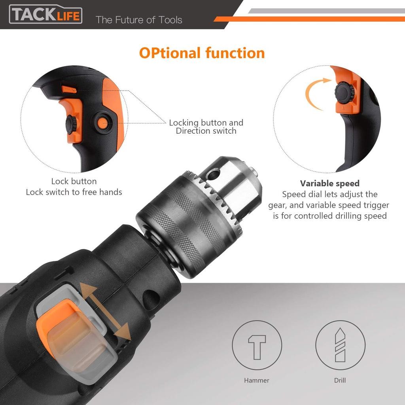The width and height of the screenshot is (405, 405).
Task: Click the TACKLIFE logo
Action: click(x=46, y=14)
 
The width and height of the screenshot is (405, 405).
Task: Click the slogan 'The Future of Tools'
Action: click(x=139, y=20)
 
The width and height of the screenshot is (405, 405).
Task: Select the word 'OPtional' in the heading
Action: click(x=170, y=53)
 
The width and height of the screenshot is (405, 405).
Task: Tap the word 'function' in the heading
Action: click(x=235, y=53)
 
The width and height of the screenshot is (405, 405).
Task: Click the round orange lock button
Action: click(x=102, y=123)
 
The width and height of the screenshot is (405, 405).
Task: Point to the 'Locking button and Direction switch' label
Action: click(x=206, y=127)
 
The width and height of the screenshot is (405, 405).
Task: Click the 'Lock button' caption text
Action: click(x=74, y=181)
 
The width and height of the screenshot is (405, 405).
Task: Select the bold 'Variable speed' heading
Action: click(x=329, y=184)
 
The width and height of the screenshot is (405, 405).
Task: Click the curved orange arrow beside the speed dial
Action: click(x=310, y=96)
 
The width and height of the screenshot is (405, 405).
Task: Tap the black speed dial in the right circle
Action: click(x=344, y=92)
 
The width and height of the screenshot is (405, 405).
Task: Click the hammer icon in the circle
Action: click(x=257, y=347)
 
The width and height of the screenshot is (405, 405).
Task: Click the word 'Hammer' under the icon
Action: click(x=256, y=380)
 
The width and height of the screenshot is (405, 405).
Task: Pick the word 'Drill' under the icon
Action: click(x=340, y=380)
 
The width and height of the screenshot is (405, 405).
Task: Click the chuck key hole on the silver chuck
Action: click(x=213, y=174)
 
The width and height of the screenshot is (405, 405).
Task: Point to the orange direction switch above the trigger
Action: click(x=69, y=89)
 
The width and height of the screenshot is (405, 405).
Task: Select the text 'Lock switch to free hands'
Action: click(x=74, y=192)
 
